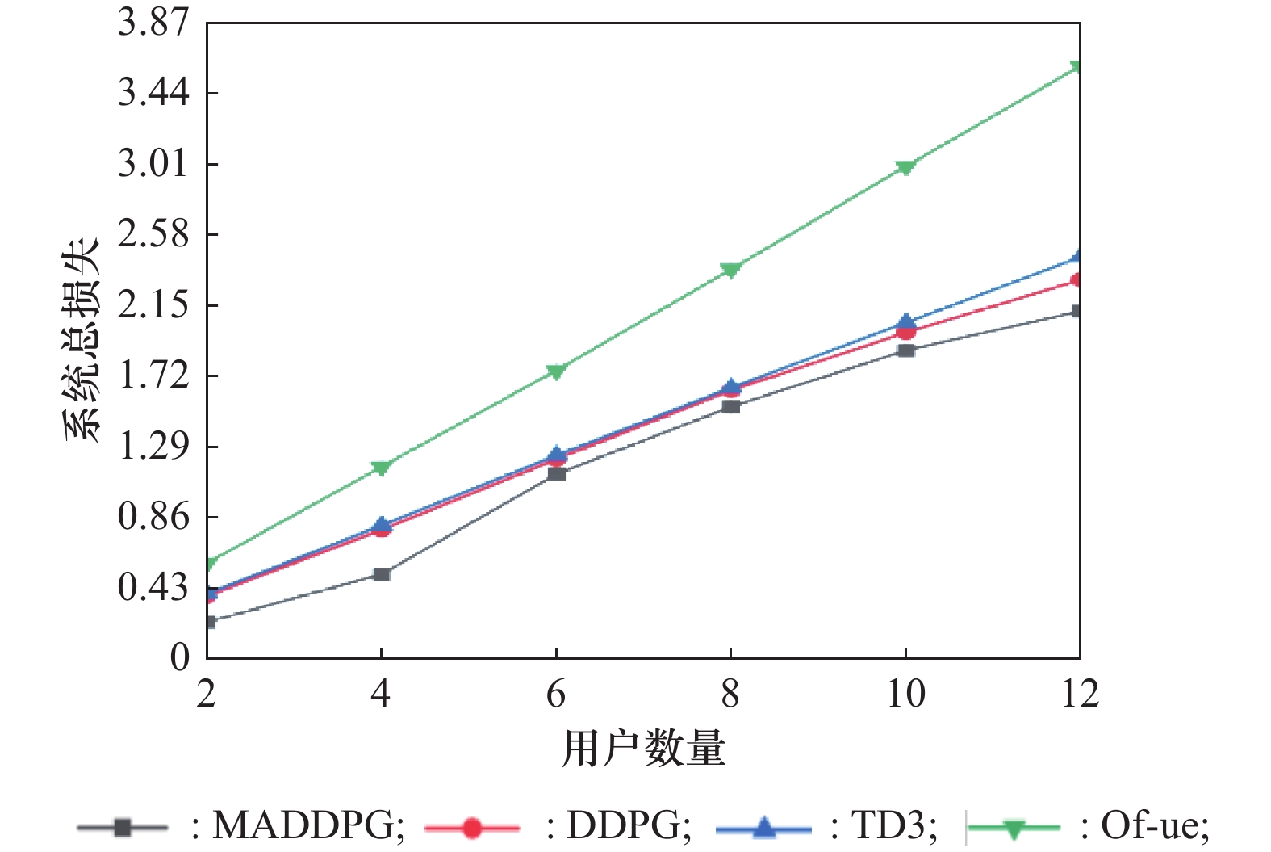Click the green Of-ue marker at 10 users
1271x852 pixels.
[905, 167]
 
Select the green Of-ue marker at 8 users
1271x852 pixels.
[730, 270]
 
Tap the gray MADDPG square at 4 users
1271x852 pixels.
[382, 574]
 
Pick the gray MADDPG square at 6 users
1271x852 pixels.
[556, 472]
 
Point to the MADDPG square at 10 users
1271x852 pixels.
[906, 350]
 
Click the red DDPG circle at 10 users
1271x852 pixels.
[905, 331]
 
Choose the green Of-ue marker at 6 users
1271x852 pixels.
[556, 371]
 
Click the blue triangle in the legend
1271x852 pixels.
[763, 827]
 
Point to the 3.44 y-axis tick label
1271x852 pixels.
[153, 93]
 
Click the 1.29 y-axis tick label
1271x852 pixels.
[153, 446]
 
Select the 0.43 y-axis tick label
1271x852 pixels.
[153, 587]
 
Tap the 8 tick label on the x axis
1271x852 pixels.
[730, 693]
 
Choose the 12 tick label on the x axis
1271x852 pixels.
[1080, 693]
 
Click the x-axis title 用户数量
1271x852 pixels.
[643, 748]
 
